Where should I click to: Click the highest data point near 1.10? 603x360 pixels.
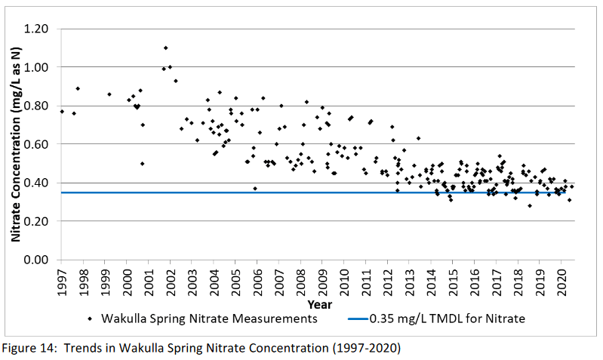[x=166, y=48]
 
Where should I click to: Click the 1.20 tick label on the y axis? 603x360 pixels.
[x=38, y=29]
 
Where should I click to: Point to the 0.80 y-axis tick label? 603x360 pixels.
[x=38, y=106]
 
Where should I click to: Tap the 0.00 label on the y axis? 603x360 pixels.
[x=38, y=260]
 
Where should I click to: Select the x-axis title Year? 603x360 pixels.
[x=318, y=304]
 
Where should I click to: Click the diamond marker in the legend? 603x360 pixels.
[x=92, y=318]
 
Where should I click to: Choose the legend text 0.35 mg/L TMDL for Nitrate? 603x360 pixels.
[x=447, y=318]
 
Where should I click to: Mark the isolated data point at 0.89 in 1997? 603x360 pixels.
[x=78, y=88]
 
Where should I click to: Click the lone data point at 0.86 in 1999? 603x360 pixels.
[x=109, y=94]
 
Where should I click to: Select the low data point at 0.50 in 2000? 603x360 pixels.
[x=142, y=164]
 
